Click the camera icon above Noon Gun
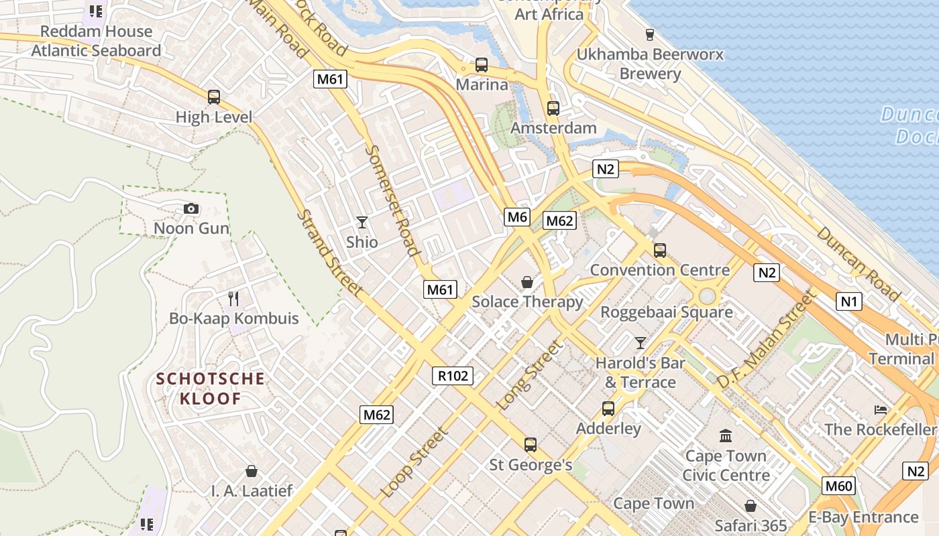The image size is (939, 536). pyautogui.click(x=191, y=209)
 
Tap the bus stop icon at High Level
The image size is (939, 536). pyautogui.click(x=214, y=97)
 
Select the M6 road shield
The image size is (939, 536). pyautogui.click(x=517, y=216)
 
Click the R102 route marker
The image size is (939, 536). pyautogui.click(x=453, y=376)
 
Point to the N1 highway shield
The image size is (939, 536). pyautogui.click(x=850, y=301)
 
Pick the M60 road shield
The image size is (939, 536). pyautogui.click(x=839, y=486)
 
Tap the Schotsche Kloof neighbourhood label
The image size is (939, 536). pyautogui.click(x=210, y=389)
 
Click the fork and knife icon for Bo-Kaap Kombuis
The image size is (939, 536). pyautogui.click(x=233, y=299)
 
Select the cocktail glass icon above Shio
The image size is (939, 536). pyautogui.click(x=362, y=222)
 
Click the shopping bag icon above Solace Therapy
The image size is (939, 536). pyautogui.click(x=527, y=282)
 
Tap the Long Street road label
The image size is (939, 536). pyautogui.click(x=529, y=375)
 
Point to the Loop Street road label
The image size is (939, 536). pyautogui.click(x=414, y=462)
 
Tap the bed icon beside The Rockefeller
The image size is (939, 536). pyautogui.click(x=881, y=409)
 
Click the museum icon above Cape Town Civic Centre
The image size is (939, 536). pyautogui.click(x=725, y=436)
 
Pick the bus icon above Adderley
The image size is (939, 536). pyautogui.click(x=608, y=408)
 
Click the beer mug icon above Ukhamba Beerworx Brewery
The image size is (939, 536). pyautogui.click(x=649, y=35)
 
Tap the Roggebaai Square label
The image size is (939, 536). pyautogui.click(x=666, y=312)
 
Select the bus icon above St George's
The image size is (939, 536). pyautogui.click(x=531, y=444)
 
